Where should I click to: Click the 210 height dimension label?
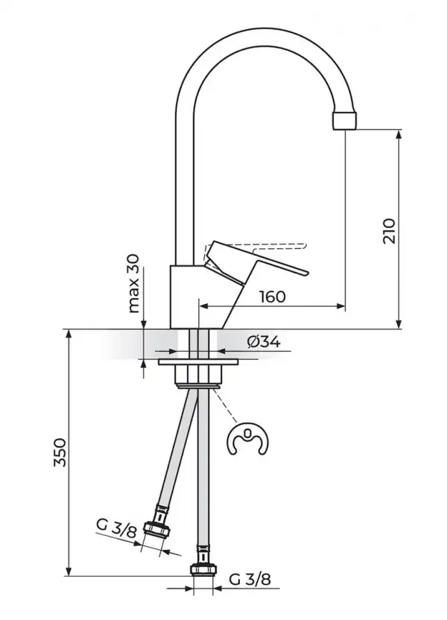387,231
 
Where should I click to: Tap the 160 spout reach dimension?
273,297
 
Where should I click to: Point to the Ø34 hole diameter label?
262,342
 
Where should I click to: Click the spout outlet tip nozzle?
345,121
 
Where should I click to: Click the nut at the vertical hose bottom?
201,569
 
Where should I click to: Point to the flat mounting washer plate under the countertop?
198,363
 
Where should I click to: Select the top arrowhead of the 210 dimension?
401,133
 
